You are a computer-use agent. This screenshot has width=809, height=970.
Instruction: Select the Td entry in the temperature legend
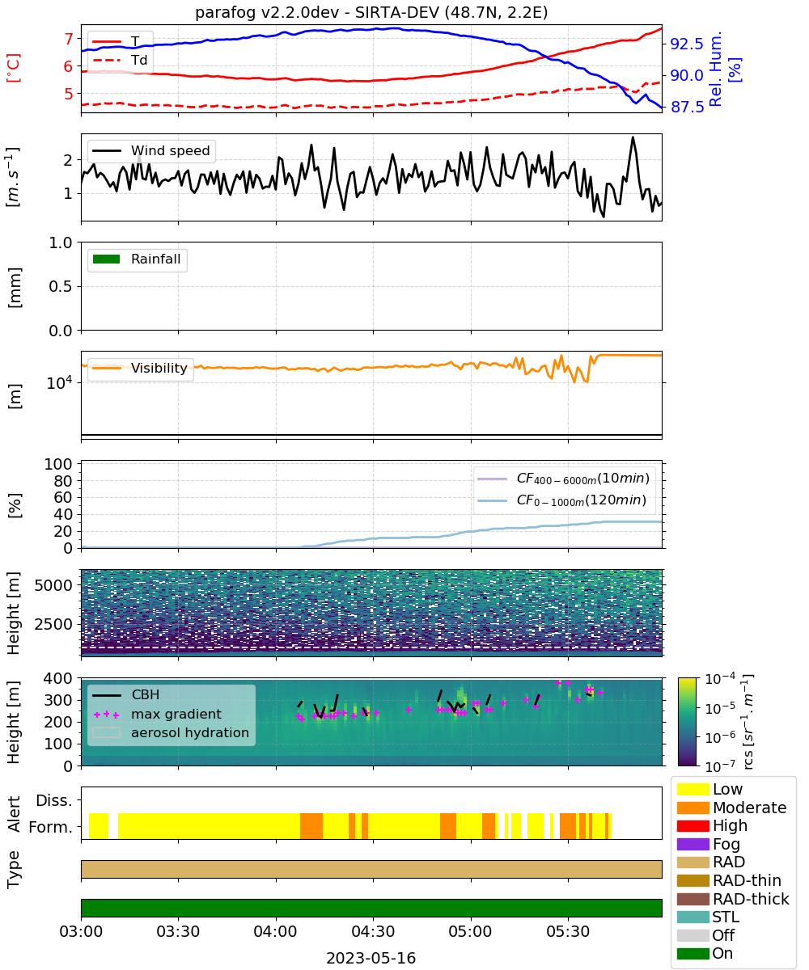120,60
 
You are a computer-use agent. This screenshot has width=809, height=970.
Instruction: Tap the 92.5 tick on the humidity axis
686,44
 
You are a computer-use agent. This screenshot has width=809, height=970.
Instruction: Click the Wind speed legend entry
151,150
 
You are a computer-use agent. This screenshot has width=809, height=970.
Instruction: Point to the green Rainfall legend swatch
107,259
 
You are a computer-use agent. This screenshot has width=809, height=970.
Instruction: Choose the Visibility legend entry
140,368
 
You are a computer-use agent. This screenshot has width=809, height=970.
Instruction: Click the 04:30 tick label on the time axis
373,931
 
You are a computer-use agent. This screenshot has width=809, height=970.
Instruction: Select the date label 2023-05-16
371,958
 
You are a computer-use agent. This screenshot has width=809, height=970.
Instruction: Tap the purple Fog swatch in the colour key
693,844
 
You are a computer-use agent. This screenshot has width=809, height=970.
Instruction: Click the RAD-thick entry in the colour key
733,899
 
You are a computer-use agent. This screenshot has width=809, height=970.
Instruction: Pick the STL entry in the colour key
708,917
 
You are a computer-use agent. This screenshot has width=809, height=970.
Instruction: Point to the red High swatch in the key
693,826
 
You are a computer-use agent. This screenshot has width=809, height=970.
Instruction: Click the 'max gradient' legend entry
158,714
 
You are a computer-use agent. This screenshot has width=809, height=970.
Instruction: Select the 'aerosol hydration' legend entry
171,732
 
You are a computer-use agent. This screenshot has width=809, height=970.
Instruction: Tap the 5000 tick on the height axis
53,585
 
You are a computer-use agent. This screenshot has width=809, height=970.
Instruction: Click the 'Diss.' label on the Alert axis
54,800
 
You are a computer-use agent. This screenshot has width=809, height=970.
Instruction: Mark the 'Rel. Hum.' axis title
714,70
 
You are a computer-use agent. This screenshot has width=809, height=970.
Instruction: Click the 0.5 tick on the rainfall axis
61,287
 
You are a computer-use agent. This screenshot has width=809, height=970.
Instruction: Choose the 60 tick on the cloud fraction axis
63,497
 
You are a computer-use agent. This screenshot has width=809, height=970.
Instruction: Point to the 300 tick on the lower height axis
58,700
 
